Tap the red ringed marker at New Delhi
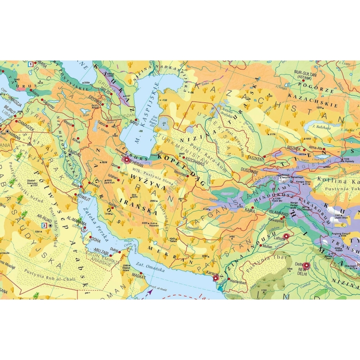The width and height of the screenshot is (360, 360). (306, 266)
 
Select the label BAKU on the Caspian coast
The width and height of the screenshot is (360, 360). (133, 121)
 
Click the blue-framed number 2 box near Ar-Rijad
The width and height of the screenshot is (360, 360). (44, 225)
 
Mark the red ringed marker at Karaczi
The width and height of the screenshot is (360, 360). (216, 277)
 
